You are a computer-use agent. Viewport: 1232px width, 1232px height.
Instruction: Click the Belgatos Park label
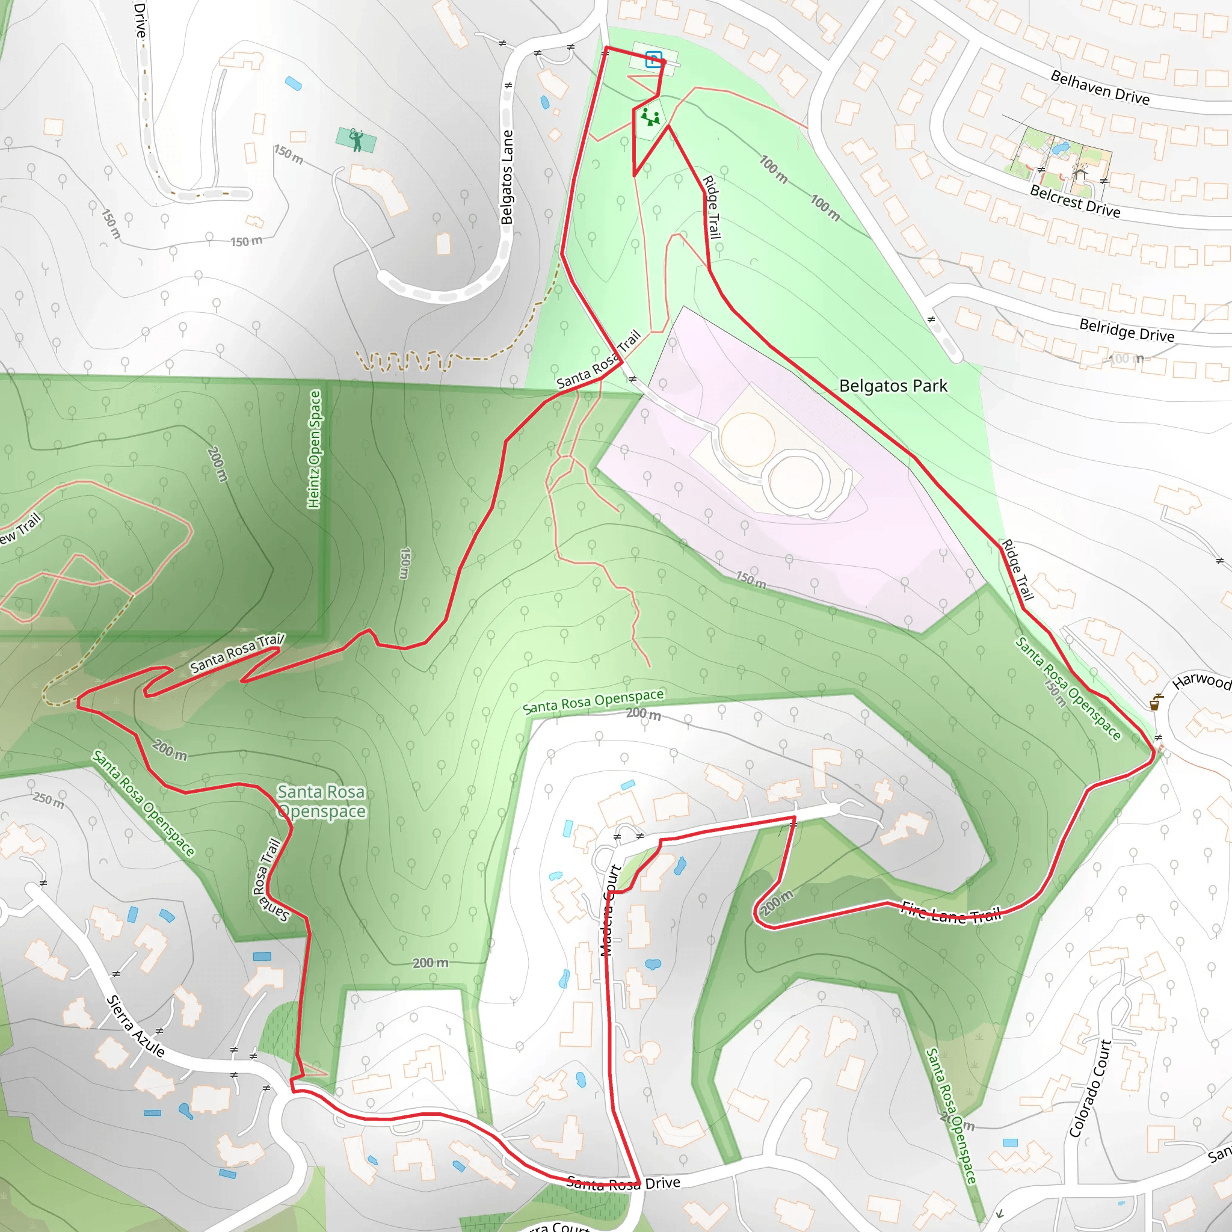893,386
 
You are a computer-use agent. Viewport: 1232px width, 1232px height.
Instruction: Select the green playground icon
650,117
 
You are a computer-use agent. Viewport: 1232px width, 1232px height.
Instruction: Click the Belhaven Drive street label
1100,87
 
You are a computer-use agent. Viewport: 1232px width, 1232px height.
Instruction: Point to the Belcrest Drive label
1074,201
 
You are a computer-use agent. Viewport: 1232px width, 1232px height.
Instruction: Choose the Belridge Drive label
1126,330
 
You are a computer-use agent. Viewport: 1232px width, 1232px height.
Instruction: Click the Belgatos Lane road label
507,177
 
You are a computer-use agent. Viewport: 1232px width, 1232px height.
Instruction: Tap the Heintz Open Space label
315,449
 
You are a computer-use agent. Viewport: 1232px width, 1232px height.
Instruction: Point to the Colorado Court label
1090,1088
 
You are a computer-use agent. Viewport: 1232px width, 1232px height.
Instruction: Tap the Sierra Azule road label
135,1026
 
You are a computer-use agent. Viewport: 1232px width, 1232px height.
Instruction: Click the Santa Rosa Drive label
623,1184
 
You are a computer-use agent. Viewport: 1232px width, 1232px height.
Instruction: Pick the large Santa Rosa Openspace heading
321,801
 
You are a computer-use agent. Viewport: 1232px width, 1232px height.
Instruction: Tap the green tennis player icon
356,140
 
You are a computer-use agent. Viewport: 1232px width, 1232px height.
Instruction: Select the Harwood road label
1201,680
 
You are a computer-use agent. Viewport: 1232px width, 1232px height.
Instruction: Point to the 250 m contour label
49,799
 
